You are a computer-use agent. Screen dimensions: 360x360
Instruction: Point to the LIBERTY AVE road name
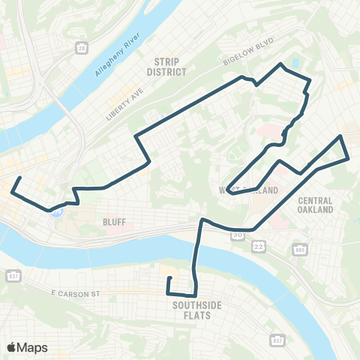click(x=123, y=103)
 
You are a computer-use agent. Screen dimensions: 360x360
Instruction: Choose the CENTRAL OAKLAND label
click(x=315, y=205)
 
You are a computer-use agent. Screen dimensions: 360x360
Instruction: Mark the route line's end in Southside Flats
click(x=169, y=278)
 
